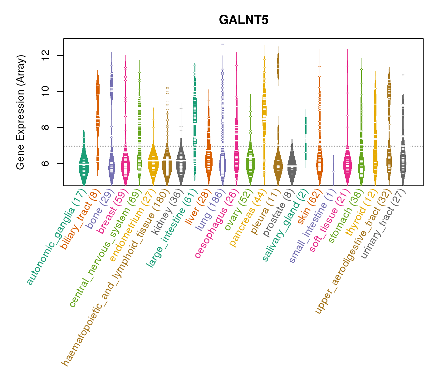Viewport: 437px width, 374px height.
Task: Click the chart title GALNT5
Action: pos(244,20)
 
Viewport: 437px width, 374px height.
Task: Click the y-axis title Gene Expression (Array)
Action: pos(21,112)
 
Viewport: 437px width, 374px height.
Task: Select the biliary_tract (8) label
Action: pos(80,220)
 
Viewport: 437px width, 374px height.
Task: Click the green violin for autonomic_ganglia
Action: pos(84,165)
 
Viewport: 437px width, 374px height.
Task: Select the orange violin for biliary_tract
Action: pos(98,118)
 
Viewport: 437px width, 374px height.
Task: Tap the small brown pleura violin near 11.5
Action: pos(278,65)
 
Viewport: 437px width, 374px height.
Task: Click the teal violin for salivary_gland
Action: pos(306,137)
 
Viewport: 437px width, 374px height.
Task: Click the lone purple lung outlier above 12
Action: pos(223,44)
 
